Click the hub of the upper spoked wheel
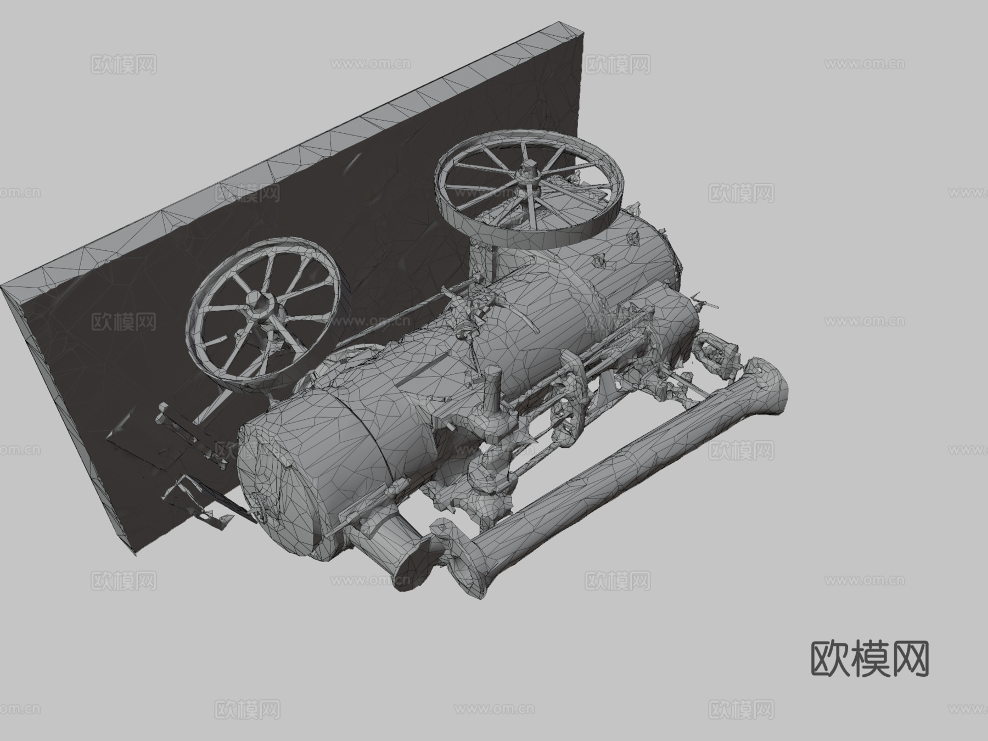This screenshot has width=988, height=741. pos(529,175)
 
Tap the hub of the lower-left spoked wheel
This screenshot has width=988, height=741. pos(260,302)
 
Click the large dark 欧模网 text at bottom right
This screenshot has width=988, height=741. pos(869,659)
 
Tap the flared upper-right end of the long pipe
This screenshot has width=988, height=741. pos(766,384)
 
